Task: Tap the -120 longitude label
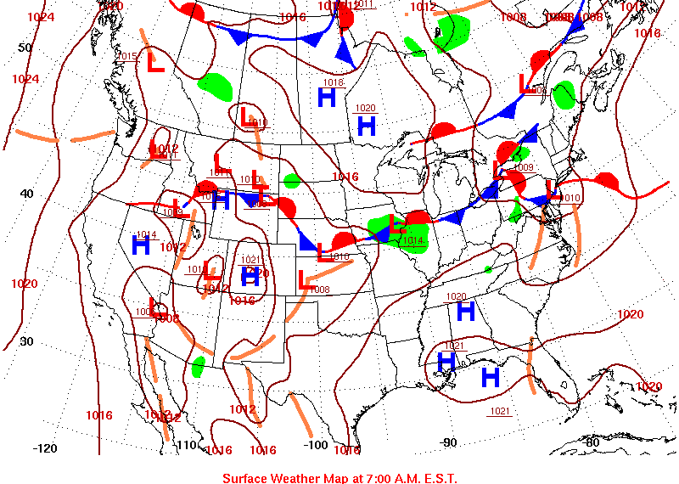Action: [44, 448]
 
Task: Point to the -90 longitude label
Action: [447, 442]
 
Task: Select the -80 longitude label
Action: [592, 442]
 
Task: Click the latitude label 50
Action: [25, 48]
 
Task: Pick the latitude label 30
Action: [26, 341]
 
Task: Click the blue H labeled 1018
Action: [328, 98]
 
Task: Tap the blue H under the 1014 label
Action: [141, 246]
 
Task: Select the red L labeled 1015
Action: [155, 63]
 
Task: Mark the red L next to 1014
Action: [396, 225]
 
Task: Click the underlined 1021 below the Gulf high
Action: [499, 412]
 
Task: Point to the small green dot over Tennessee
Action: [488, 270]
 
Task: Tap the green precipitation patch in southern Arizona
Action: [199, 367]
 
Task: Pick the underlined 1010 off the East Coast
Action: [570, 198]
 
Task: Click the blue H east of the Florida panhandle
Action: [490, 376]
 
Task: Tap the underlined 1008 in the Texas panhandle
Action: [319, 290]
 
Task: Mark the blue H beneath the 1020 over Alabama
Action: [465, 312]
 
